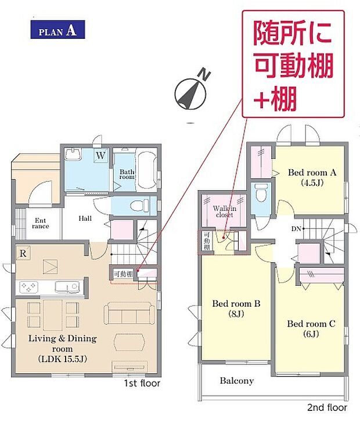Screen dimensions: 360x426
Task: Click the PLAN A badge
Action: pos(57,30)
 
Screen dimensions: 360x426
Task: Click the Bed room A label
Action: pos(312,177)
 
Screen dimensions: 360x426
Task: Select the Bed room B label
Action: pos(236,309)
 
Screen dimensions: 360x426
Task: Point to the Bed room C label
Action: pos(311,329)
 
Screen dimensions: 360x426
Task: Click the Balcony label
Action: pos(237,381)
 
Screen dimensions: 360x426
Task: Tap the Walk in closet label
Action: pos(225,212)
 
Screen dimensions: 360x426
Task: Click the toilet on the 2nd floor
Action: pos(261,193)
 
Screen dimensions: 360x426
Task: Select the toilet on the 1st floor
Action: pos(140,205)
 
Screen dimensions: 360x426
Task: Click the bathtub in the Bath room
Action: pos(147,170)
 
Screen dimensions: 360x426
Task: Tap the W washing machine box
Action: pos(100,156)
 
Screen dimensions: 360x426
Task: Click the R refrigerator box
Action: pos(23,253)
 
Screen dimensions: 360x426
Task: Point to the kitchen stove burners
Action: pos(28,287)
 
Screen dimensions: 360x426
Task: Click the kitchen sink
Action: pos(67,287)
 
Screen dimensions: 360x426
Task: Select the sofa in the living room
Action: pos(129,313)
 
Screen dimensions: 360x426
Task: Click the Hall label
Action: pos(85,218)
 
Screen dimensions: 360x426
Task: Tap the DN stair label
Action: pos(296,229)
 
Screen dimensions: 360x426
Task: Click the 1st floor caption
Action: pos(142,384)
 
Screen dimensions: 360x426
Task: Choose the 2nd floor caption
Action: pos(327,407)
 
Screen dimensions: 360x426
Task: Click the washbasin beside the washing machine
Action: pos(73,154)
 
